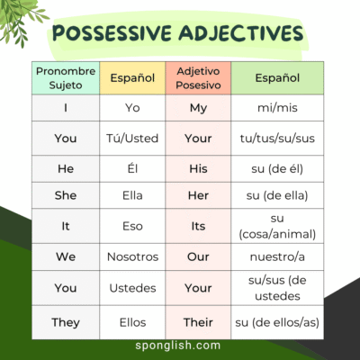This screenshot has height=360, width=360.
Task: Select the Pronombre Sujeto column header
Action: [x=66, y=78]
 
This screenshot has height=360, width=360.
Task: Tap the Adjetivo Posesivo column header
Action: [x=198, y=78]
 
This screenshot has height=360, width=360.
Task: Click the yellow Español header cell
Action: [x=132, y=78]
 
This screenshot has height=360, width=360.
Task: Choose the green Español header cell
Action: [x=277, y=78]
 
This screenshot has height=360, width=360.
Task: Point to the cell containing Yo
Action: [x=132, y=108]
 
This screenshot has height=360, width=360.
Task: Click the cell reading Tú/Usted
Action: [x=132, y=139]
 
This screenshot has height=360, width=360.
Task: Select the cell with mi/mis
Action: [x=277, y=108]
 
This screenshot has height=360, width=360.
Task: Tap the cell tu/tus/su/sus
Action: [x=277, y=139]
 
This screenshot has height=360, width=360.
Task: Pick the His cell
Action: [x=198, y=168]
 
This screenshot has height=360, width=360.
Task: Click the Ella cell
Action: [x=132, y=195]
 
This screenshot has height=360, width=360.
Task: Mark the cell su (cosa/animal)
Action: [x=277, y=226]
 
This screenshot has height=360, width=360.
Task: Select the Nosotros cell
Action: [x=132, y=256]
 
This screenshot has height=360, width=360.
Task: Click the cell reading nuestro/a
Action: [x=277, y=256]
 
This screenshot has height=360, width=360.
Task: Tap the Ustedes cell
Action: [x=132, y=289]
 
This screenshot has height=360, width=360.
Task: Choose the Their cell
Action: [x=198, y=321]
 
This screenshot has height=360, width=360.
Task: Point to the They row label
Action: [x=66, y=321]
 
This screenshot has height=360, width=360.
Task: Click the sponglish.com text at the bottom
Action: [x=180, y=347]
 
